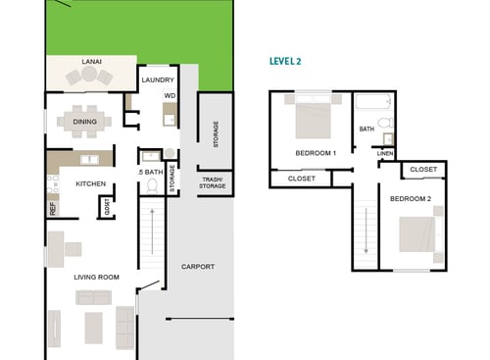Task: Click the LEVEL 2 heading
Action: [x=285, y=61]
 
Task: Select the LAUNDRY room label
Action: [x=158, y=79]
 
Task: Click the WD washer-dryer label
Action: [x=169, y=95]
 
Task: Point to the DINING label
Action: [x=85, y=122]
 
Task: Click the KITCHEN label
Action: [x=91, y=183]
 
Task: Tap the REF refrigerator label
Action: [x=52, y=208]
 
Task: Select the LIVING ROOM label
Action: [x=96, y=277]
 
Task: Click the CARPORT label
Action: [x=198, y=266]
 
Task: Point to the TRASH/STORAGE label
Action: [x=214, y=181]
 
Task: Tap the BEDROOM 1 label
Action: [x=316, y=153]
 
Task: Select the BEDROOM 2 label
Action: [x=411, y=198]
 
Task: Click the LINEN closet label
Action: [x=385, y=154]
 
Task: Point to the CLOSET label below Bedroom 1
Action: [x=301, y=179]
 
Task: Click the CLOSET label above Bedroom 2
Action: [x=423, y=170]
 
